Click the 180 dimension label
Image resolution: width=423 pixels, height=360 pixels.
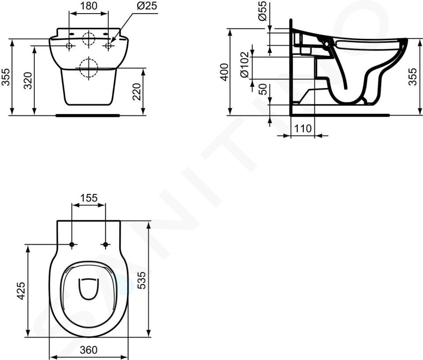(89, 6)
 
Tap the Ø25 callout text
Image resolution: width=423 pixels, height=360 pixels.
(147, 6)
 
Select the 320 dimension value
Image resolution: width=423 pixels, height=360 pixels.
(28, 81)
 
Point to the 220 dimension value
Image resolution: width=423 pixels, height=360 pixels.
(137, 92)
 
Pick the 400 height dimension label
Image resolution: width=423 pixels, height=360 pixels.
(224, 72)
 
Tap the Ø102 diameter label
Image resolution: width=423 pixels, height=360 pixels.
(245, 65)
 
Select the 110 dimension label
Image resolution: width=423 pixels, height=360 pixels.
(302, 129)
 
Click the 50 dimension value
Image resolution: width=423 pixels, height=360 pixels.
(262, 89)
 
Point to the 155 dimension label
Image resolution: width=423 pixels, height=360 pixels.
(89, 198)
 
